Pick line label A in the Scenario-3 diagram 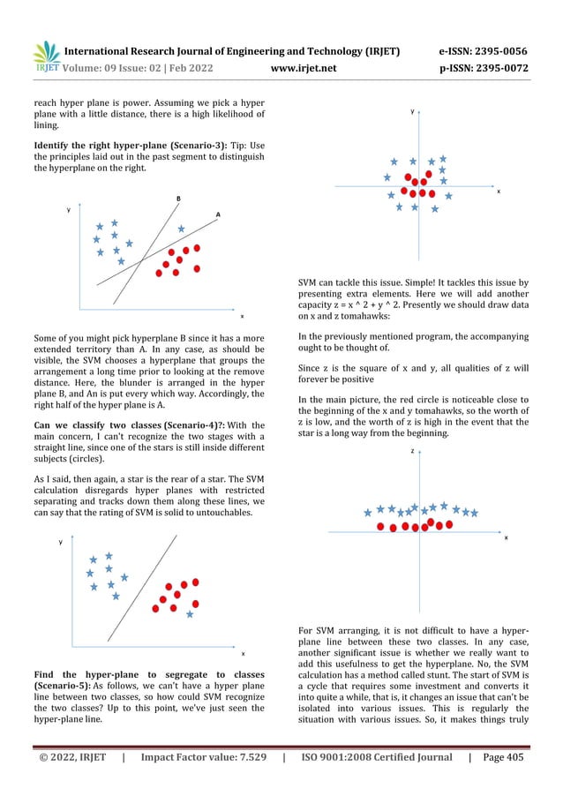[x=218, y=215]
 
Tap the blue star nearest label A [x=181, y=229]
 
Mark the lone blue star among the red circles [x=189, y=613]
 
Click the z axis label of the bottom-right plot [x=411, y=451]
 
